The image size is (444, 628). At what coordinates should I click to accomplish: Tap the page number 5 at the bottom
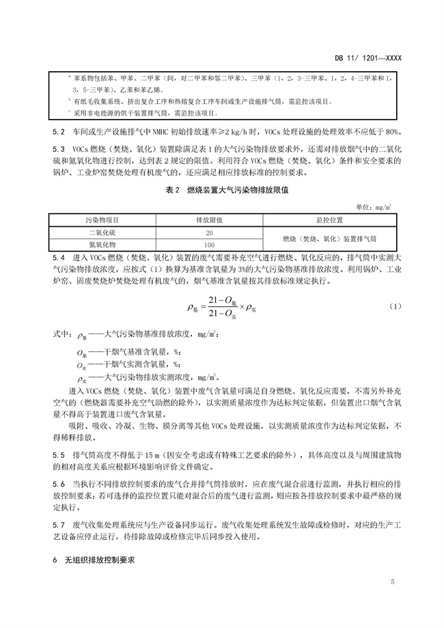(x=393, y=582)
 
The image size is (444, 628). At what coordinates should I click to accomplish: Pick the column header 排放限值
(x=210, y=221)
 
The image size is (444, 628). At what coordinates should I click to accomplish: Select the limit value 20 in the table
(x=210, y=232)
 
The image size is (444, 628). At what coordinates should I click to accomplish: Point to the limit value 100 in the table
(x=210, y=244)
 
